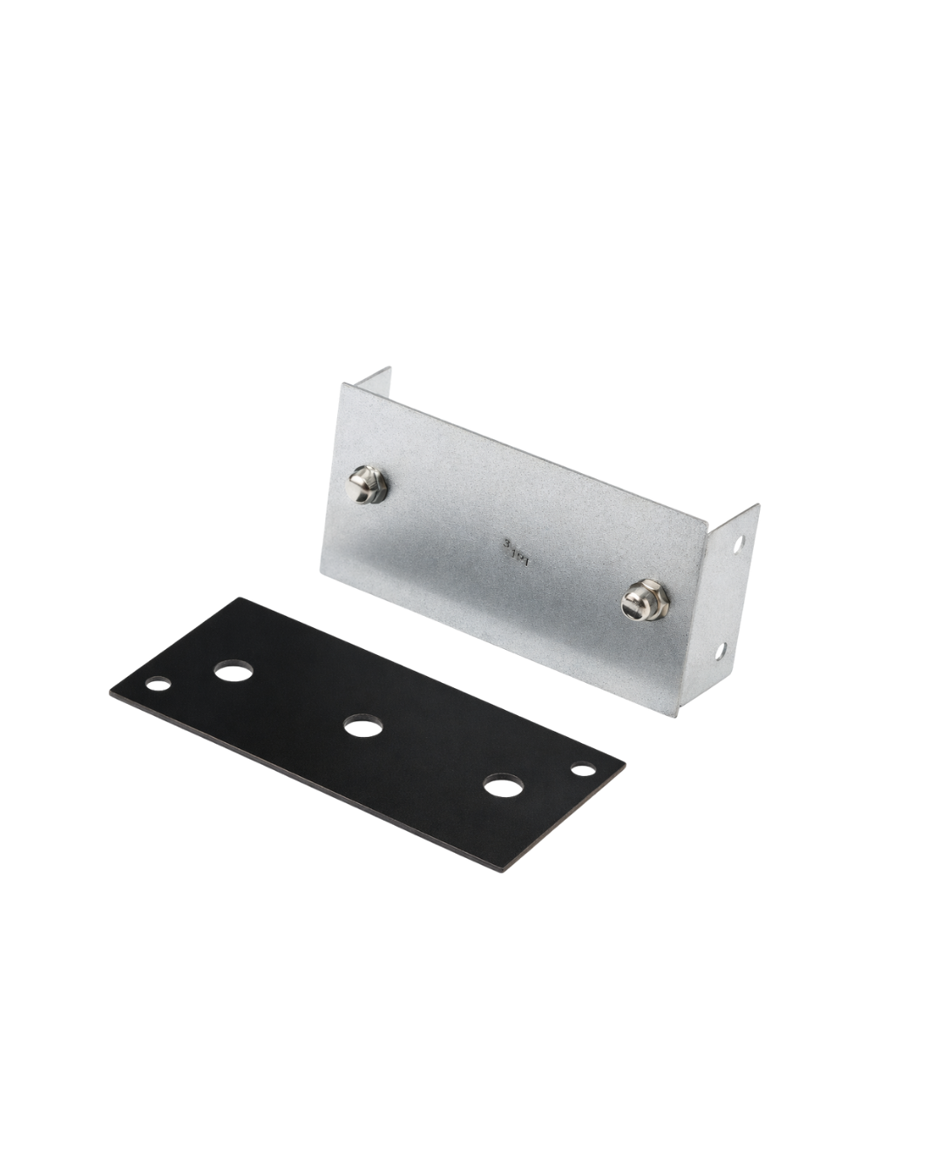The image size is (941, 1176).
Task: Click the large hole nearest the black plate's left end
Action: coord(230,671)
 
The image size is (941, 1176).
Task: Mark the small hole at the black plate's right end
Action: coord(580,769)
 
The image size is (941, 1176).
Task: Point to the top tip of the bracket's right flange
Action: coord(759,504)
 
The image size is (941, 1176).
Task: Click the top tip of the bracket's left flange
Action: coord(390,367)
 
